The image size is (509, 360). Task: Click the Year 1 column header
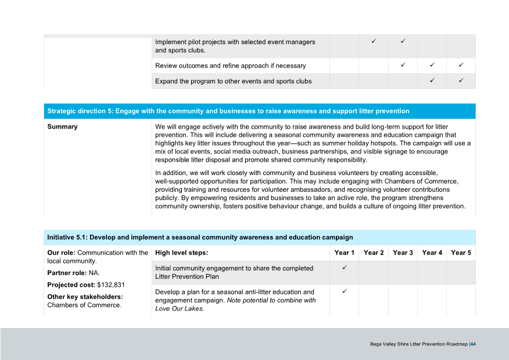pyautogui.click(x=344, y=253)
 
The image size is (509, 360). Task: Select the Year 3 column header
pyautogui.click(x=403, y=253)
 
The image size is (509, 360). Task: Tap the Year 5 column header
pyautogui.click(x=461, y=253)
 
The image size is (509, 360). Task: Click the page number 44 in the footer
pyautogui.click(x=473, y=344)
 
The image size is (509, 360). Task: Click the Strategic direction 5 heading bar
pyautogui.click(x=259, y=111)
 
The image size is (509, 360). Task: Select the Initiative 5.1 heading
pyautogui.click(x=200, y=237)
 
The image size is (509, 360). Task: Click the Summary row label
pyautogui.click(x=62, y=127)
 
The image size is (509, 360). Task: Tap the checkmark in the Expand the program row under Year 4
pyautogui.click(x=432, y=80)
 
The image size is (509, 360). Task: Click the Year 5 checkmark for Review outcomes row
pyautogui.click(x=461, y=65)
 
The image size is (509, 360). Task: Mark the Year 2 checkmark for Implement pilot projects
pyautogui.click(x=374, y=41)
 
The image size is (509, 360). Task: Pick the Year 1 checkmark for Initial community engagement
pyautogui.click(x=344, y=268)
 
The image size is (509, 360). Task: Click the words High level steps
pyautogui.click(x=181, y=253)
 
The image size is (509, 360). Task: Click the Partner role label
pyautogui.click(x=66, y=273)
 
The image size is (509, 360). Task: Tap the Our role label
pyautogui.click(x=61, y=253)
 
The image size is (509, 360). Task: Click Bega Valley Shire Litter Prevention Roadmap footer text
pyautogui.click(x=418, y=344)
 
